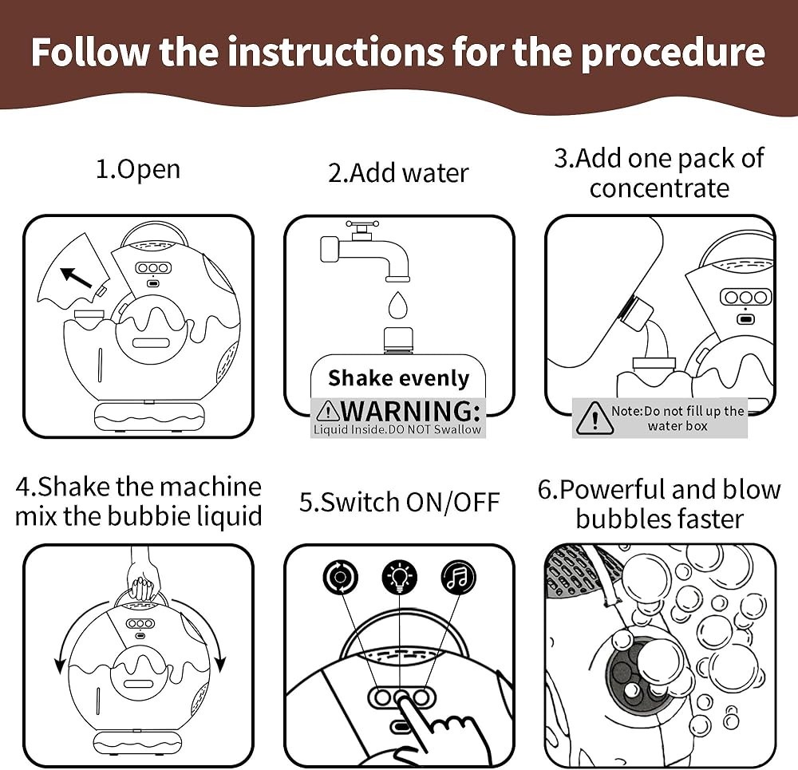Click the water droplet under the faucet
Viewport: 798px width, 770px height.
397,305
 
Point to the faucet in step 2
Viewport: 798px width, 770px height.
363,251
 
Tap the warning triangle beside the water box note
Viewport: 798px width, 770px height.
594,418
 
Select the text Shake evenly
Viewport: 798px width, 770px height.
398,378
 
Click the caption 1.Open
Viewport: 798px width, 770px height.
138,169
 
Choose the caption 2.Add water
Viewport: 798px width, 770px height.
398,172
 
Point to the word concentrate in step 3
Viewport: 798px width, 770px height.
659,188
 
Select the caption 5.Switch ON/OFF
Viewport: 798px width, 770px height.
399,502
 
